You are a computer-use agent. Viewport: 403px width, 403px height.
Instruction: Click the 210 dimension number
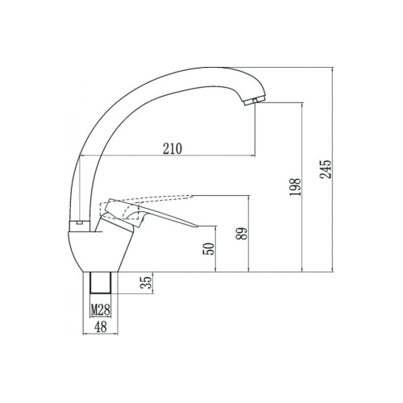[172, 148]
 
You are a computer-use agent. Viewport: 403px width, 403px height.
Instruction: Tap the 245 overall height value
[326, 169]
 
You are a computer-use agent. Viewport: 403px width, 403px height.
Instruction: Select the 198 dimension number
[296, 187]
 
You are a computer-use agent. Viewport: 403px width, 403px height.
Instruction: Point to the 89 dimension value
[241, 234]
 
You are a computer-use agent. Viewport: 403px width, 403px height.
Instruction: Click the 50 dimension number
[209, 249]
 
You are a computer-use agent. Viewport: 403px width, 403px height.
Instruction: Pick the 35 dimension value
[147, 282]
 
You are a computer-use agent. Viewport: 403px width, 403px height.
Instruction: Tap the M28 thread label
[101, 310]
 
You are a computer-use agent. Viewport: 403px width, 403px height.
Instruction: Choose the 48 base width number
[101, 326]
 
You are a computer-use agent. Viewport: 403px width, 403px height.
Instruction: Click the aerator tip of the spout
[254, 102]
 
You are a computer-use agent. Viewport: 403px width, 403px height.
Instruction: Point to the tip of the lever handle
[197, 226]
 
